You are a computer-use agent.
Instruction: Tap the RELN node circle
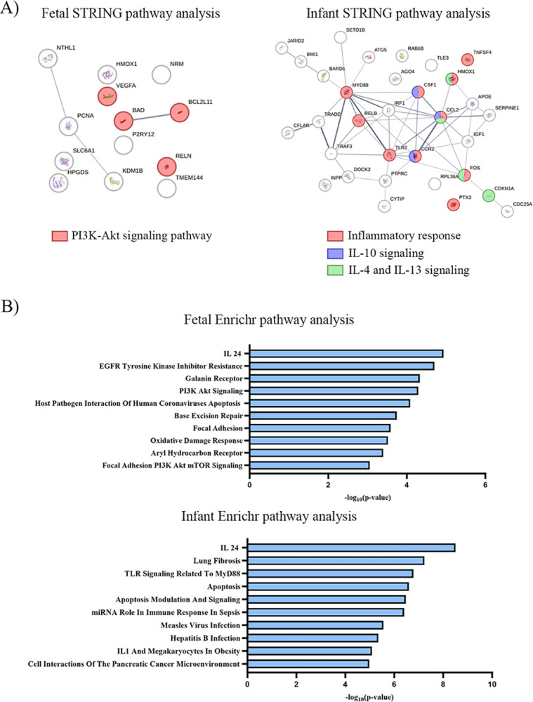166,166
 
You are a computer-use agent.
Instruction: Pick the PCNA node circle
69,126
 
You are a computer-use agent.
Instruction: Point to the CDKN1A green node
488,196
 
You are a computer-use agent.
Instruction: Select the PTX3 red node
454,204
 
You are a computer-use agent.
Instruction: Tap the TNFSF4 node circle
467,60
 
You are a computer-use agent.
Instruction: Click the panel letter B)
17,287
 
